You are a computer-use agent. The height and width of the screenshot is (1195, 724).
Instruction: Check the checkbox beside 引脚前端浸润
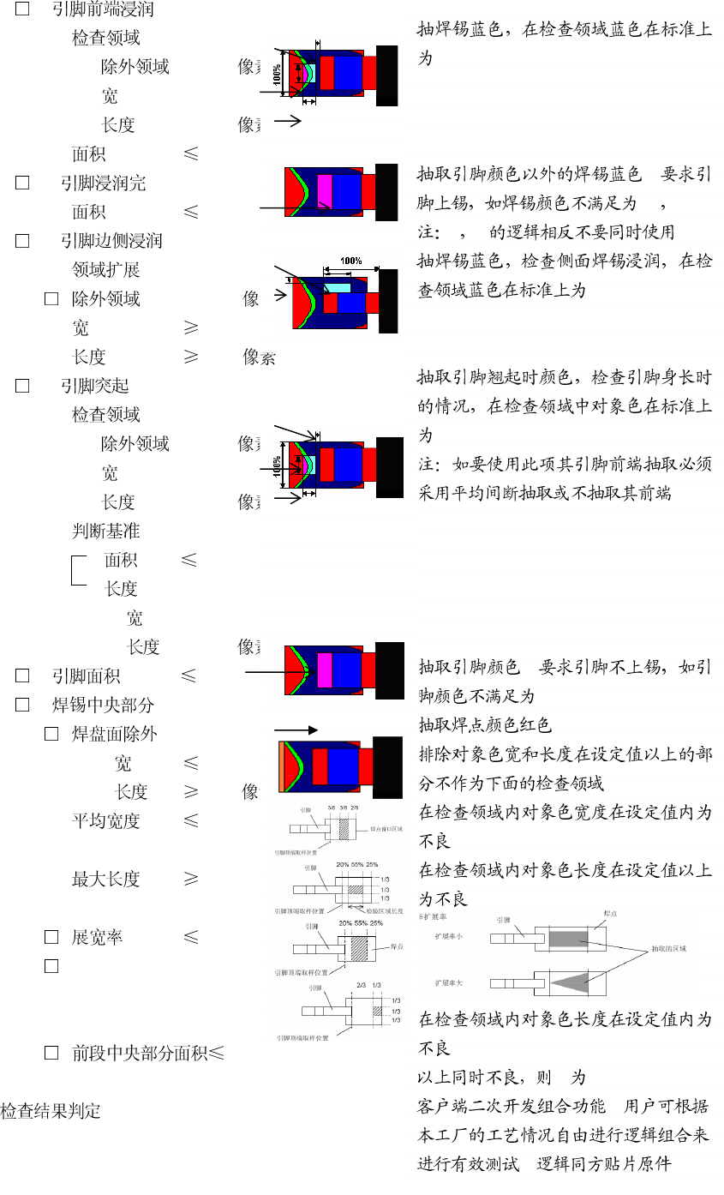(x=22, y=9)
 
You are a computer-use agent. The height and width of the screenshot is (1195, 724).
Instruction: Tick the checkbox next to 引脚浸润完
(x=22, y=183)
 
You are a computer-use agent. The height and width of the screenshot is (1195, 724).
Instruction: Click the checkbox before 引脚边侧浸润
(x=22, y=241)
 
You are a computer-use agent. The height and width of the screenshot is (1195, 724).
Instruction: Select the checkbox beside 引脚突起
(x=22, y=386)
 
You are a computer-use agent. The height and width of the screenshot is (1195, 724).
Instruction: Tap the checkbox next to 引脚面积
(x=22, y=676)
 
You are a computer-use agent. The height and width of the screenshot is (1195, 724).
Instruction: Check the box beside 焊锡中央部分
(x=22, y=706)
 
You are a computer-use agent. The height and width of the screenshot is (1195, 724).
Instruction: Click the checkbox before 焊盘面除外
(x=51, y=735)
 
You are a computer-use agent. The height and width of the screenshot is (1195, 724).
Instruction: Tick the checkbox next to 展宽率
(x=51, y=937)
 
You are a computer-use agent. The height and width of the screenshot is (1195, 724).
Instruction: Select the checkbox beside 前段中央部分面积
(x=51, y=1054)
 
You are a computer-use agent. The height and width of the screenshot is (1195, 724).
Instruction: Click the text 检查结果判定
(x=51, y=1112)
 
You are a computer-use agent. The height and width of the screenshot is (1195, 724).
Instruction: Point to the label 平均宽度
(x=105, y=821)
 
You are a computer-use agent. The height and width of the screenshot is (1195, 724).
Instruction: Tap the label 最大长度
(x=105, y=880)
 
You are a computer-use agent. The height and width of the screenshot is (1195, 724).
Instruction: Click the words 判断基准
(x=105, y=531)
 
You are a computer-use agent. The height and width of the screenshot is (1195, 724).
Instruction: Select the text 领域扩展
(x=105, y=270)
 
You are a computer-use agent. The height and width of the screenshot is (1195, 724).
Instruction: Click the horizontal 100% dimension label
(x=350, y=261)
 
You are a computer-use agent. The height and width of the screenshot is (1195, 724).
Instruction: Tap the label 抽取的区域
(x=669, y=949)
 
